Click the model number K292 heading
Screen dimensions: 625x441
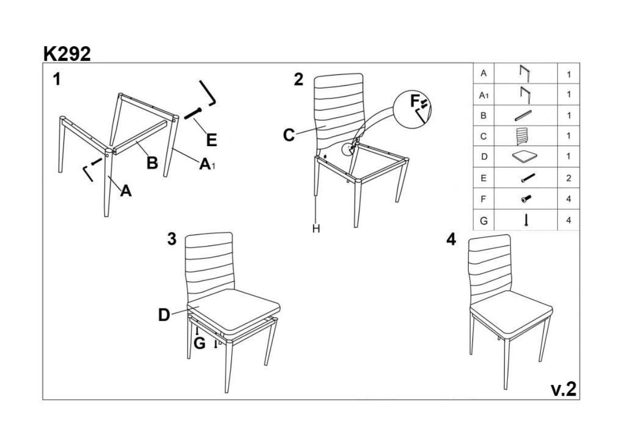67,54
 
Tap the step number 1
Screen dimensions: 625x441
57,79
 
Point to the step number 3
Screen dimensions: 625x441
172,239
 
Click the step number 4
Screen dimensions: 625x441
451,239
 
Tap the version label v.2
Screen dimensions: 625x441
564,390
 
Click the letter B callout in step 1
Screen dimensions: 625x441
152,162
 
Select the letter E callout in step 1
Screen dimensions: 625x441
211,140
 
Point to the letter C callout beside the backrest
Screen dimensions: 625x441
289,135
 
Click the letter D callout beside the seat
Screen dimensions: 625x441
164,315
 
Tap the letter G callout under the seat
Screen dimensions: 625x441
199,343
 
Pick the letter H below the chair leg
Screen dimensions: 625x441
316,228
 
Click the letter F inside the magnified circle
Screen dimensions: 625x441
415,101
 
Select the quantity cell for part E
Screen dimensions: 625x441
568,178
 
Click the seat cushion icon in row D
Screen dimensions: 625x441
525,157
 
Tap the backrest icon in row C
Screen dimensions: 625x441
521,136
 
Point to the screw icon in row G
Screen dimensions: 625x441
526,220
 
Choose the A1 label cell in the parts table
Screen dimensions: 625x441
483,95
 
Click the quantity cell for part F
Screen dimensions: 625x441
568,199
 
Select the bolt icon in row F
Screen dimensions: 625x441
526,199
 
